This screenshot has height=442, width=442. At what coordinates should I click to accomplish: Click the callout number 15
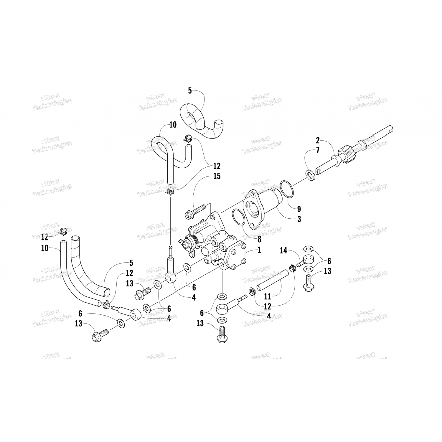point(217,176)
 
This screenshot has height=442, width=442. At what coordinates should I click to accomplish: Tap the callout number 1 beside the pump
point(259,250)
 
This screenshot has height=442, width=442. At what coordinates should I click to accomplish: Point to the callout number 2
point(318,140)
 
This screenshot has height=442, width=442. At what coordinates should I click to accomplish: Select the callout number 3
point(299,219)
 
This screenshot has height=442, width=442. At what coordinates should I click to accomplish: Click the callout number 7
point(318,151)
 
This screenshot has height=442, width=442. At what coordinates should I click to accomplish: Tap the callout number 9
point(299,209)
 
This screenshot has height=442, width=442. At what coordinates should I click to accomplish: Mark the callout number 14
point(283,251)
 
